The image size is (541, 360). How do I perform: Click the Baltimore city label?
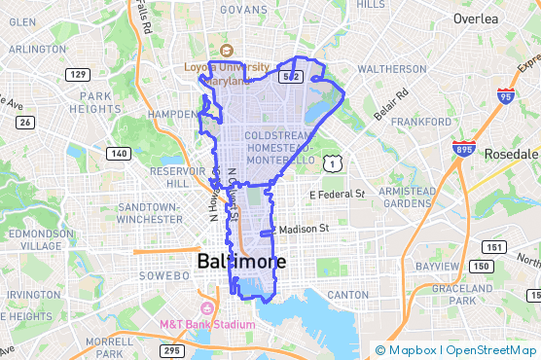click(241, 263)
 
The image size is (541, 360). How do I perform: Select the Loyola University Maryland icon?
click(227, 50)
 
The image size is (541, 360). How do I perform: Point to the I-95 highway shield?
click(504, 95)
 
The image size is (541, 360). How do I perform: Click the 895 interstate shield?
click(463, 148)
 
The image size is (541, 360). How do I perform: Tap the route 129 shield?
click(79, 75)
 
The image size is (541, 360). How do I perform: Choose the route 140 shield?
click(119, 153)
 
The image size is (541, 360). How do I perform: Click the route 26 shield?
click(25, 122)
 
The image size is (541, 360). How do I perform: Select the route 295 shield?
click(171, 350)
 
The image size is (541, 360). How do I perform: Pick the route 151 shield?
click(495, 247)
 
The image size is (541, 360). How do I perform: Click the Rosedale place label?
click(510, 154)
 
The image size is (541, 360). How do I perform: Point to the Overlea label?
click(477, 18)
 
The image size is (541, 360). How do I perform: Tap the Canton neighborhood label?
click(348, 294)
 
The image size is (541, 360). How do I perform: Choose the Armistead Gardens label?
click(402, 197)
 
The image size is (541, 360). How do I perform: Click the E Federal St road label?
click(336, 195)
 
